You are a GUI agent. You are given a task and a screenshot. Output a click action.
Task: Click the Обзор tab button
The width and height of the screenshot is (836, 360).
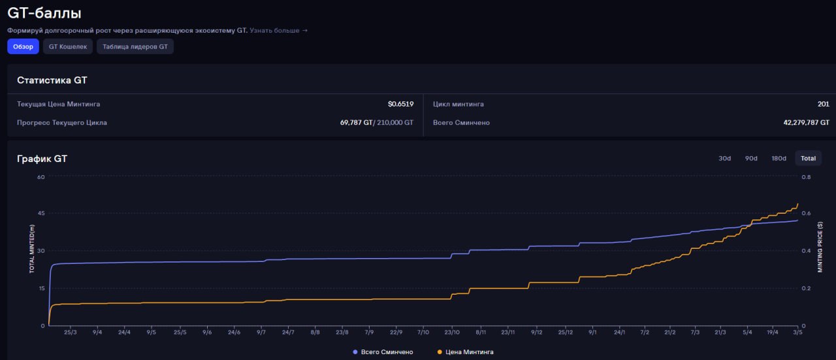pos(23,46)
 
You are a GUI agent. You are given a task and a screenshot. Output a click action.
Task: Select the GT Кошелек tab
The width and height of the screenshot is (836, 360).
pos(68,46)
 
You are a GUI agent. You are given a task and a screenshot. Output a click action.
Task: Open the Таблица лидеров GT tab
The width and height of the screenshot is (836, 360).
pos(135,46)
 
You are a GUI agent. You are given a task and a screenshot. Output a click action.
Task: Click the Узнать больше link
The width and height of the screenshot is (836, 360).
pos(278,30)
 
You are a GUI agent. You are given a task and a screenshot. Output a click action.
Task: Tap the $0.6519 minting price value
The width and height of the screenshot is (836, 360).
pos(400,104)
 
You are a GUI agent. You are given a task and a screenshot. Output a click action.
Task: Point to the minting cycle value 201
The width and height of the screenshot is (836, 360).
pos(824,104)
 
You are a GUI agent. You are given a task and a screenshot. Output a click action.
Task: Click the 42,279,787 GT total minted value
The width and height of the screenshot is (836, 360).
pos(806,122)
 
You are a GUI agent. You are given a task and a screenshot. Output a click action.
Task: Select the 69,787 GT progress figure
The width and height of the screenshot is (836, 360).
pos(356,122)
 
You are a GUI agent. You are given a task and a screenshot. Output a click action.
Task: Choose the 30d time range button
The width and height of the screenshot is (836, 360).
pos(725,158)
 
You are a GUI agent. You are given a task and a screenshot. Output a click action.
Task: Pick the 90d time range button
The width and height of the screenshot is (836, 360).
pos(751,158)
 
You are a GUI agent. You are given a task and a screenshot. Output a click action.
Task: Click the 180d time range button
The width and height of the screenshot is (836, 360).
pos(779,158)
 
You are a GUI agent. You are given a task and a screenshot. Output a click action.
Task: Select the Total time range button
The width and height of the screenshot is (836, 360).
pos(808,158)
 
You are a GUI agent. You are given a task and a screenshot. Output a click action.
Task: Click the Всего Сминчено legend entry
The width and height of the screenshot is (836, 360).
pos(383,352)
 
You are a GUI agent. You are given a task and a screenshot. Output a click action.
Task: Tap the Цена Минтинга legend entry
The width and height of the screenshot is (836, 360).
pos(466,352)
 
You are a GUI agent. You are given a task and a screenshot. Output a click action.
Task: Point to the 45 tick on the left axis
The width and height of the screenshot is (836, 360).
pos(41,213)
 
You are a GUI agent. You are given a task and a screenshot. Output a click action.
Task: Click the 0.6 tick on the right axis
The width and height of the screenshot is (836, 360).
pos(806,213)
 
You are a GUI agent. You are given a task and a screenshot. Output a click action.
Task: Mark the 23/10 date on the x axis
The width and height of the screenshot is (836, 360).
pos(452,332)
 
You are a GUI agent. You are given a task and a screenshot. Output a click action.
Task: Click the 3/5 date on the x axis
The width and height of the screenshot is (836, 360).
pos(797,332)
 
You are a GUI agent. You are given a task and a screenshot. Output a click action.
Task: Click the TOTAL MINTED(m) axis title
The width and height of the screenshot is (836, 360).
pos(32,249)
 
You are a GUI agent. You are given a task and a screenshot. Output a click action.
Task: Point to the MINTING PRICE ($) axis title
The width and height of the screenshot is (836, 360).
pos(820,247)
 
